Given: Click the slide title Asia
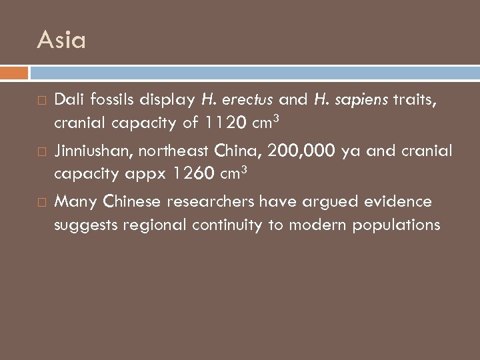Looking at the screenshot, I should pyautogui.click(x=61, y=41).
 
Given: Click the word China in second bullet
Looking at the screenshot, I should pyautogui.click(x=239, y=151).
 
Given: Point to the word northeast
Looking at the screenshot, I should pyautogui.click(x=176, y=151).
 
